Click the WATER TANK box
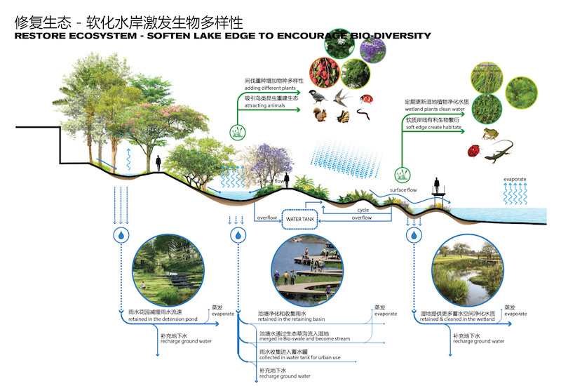(x=302, y=220)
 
